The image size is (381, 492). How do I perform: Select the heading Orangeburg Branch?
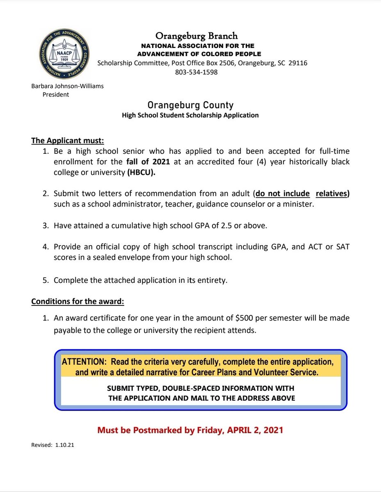click(196, 36)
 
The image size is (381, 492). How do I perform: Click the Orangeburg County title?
click(190, 105)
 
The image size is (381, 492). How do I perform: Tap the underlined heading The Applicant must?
click(68, 141)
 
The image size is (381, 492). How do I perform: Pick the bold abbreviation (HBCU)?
click(141, 172)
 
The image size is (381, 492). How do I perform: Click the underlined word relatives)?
click(333, 194)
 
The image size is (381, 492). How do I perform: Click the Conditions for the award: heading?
click(78, 301)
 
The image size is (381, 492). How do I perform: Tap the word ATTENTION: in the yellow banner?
click(84, 362)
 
